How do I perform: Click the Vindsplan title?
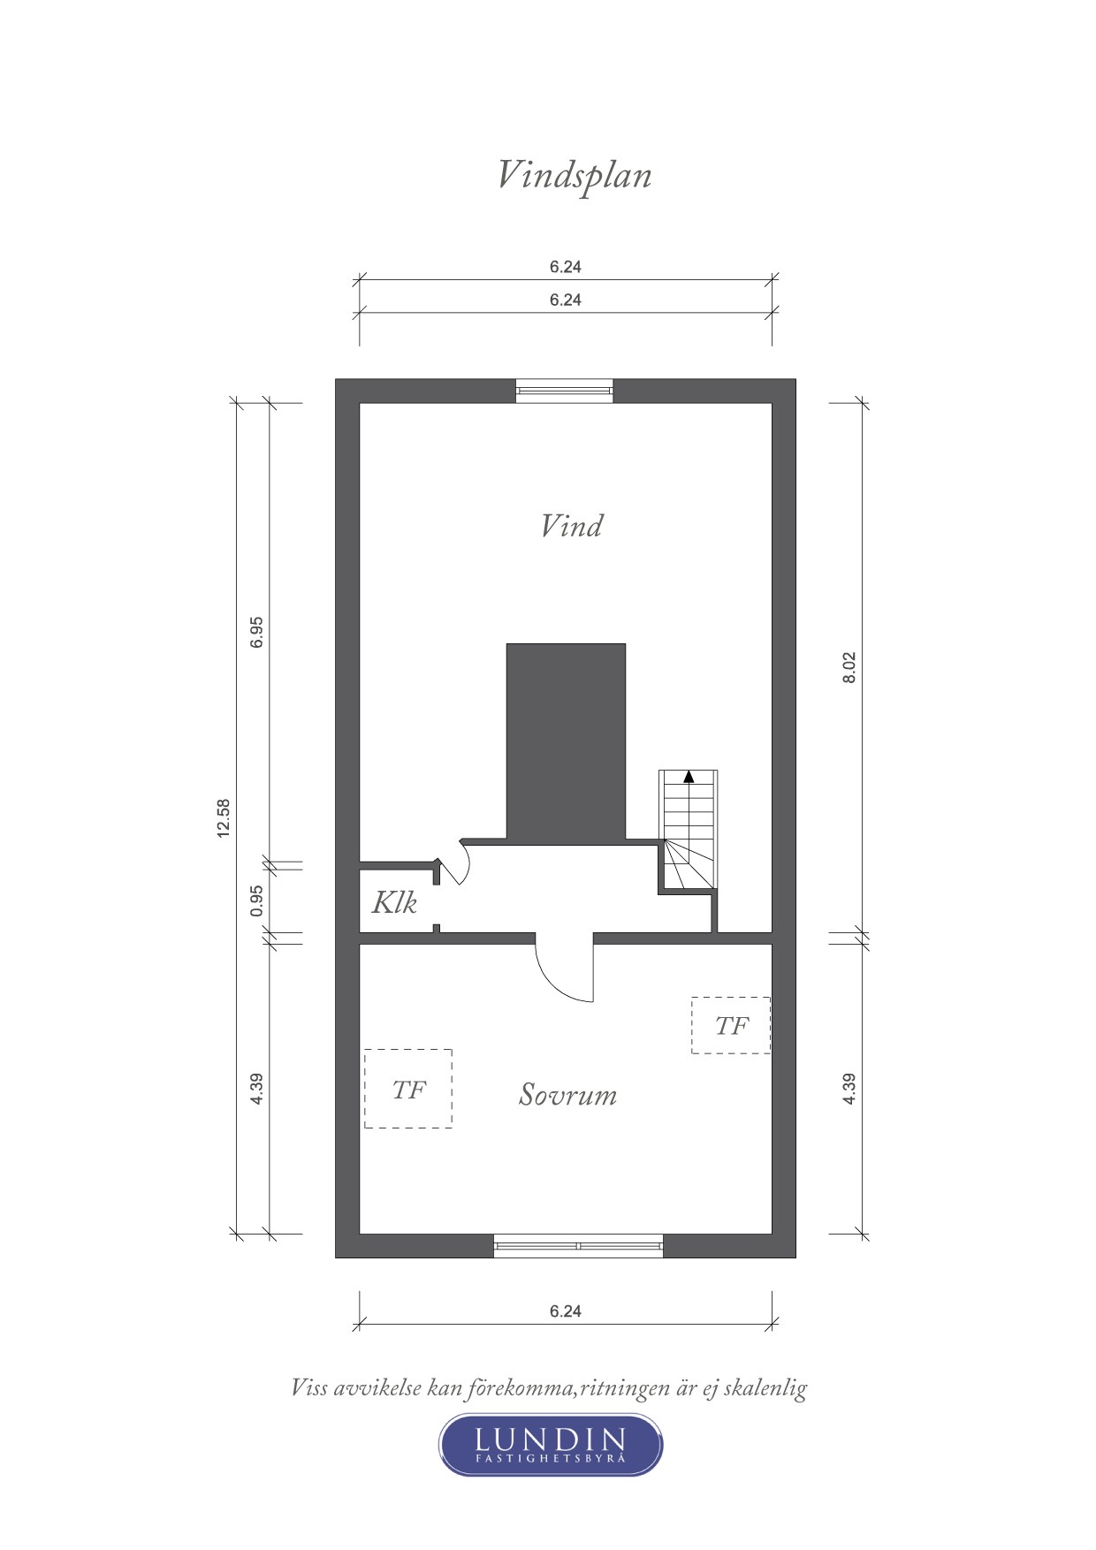(575, 175)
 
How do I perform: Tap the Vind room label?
(572, 527)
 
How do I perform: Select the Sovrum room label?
(567, 1095)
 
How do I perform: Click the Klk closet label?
(393, 903)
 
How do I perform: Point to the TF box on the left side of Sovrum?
(408, 1089)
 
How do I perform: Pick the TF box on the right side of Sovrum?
(731, 1025)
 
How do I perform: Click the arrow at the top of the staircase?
(689, 778)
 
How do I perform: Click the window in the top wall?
(565, 390)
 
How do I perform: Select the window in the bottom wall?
(578, 1245)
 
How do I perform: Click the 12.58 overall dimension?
(224, 817)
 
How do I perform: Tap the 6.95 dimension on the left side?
(257, 633)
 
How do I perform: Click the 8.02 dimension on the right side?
(849, 667)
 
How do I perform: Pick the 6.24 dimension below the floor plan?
(566, 1311)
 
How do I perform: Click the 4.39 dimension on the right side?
(849, 1088)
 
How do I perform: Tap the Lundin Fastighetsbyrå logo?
(551, 1445)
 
